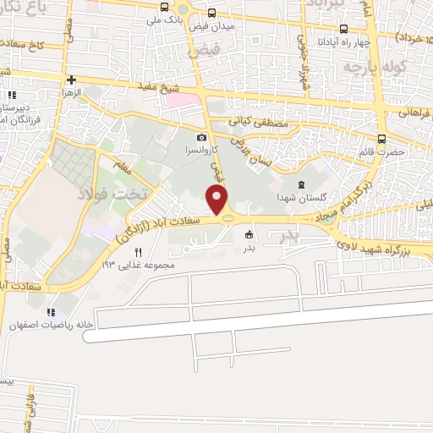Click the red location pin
(219, 201)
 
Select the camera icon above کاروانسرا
(201, 138)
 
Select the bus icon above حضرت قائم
(381, 140)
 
